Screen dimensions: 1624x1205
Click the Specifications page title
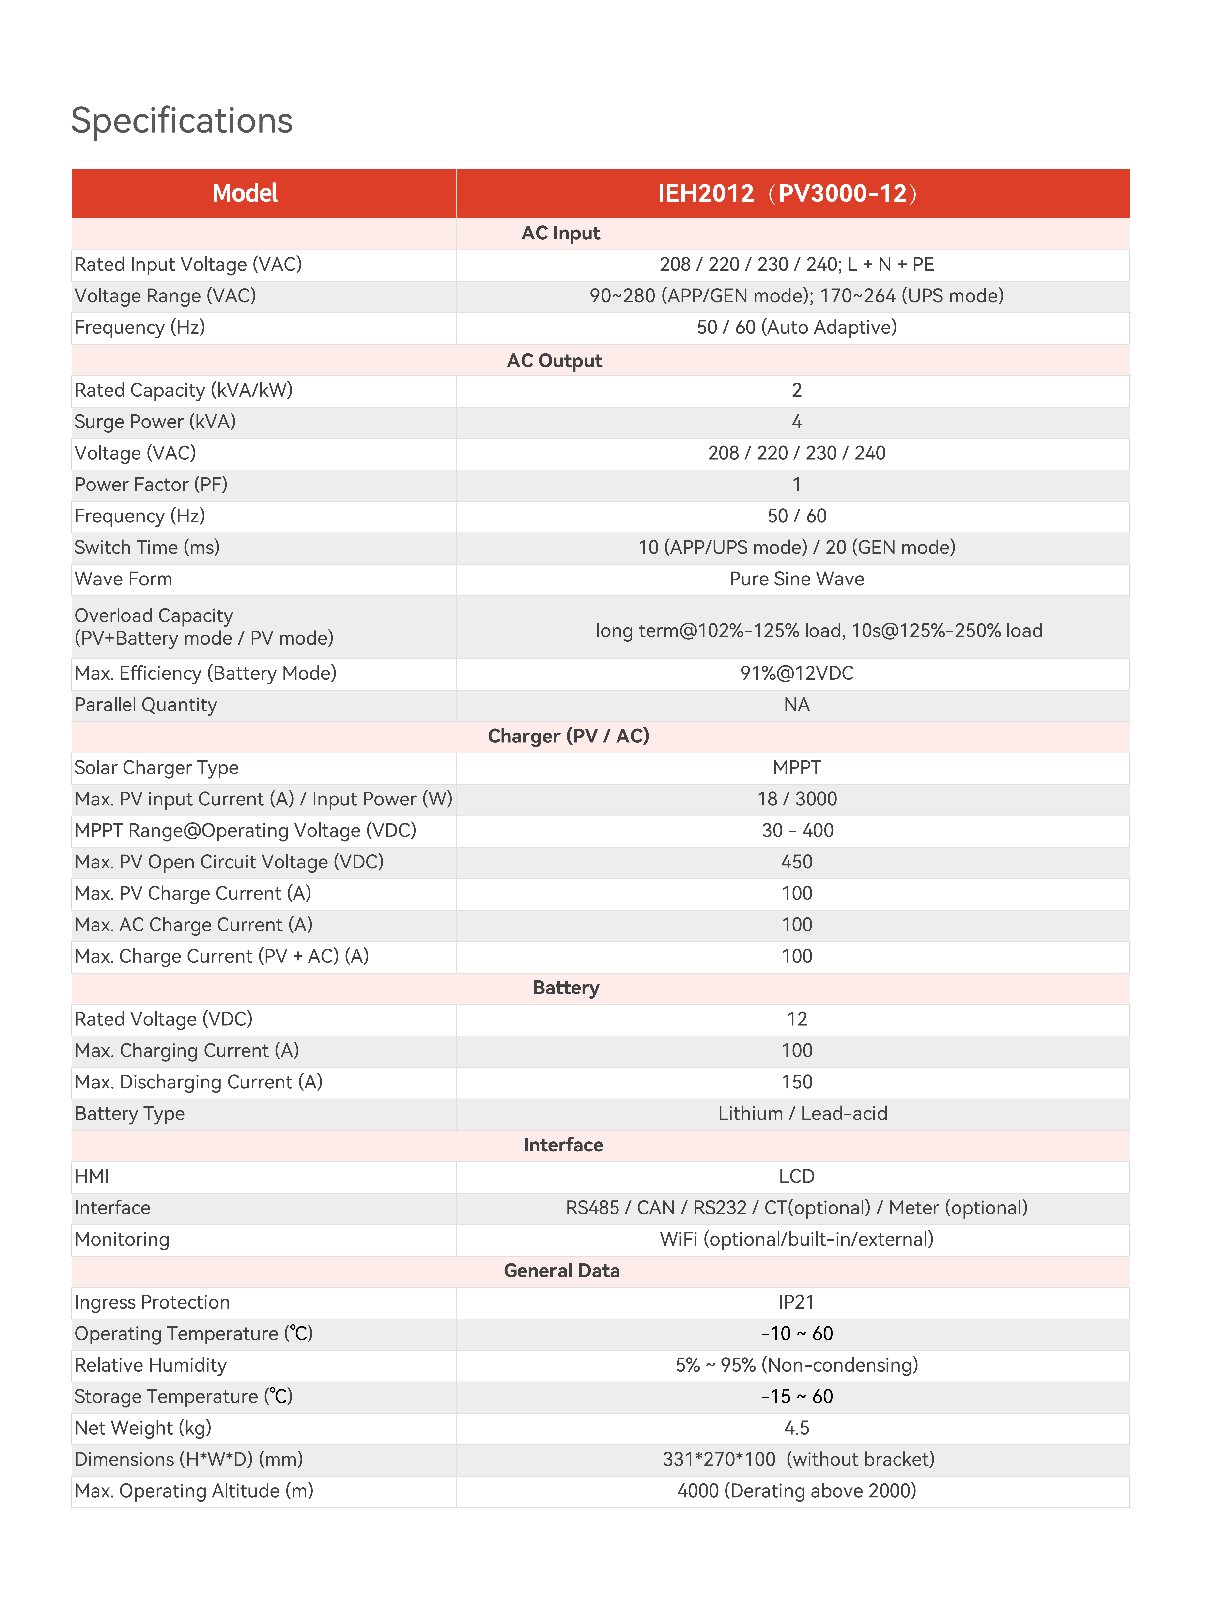[x=182, y=120]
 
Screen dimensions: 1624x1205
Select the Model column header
[x=245, y=193]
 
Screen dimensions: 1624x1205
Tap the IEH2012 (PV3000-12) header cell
[x=788, y=193]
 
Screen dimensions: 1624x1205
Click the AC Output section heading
[x=554, y=360]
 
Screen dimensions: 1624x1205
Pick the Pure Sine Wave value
[x=797, y=579]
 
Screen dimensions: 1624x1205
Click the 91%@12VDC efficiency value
[x=797, y=673]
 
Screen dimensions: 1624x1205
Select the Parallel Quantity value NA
[x=797, y=705]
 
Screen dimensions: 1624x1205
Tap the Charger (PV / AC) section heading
[x=568, y=736]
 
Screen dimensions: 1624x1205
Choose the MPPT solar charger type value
[x=797, y=768]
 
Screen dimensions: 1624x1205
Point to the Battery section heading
[x=566, y=988]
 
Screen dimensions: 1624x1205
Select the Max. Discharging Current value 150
[x=797, y=1082]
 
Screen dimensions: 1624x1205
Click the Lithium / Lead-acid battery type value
[x=802, y=1113]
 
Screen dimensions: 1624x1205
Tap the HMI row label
[x=92, y=1176]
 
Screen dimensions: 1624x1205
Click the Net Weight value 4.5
[x=797, y=1428]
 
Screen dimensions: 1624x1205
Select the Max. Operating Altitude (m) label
[x=194, y=1490]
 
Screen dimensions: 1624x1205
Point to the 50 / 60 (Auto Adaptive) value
[x=797, y=328]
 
